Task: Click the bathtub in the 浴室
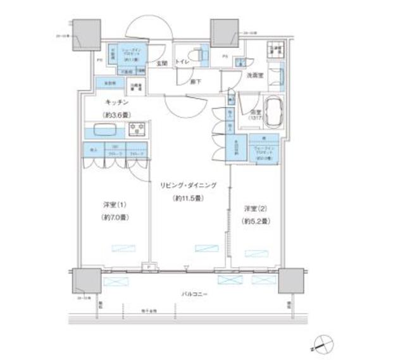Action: [273, 111]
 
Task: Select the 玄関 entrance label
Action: [162, 63]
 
